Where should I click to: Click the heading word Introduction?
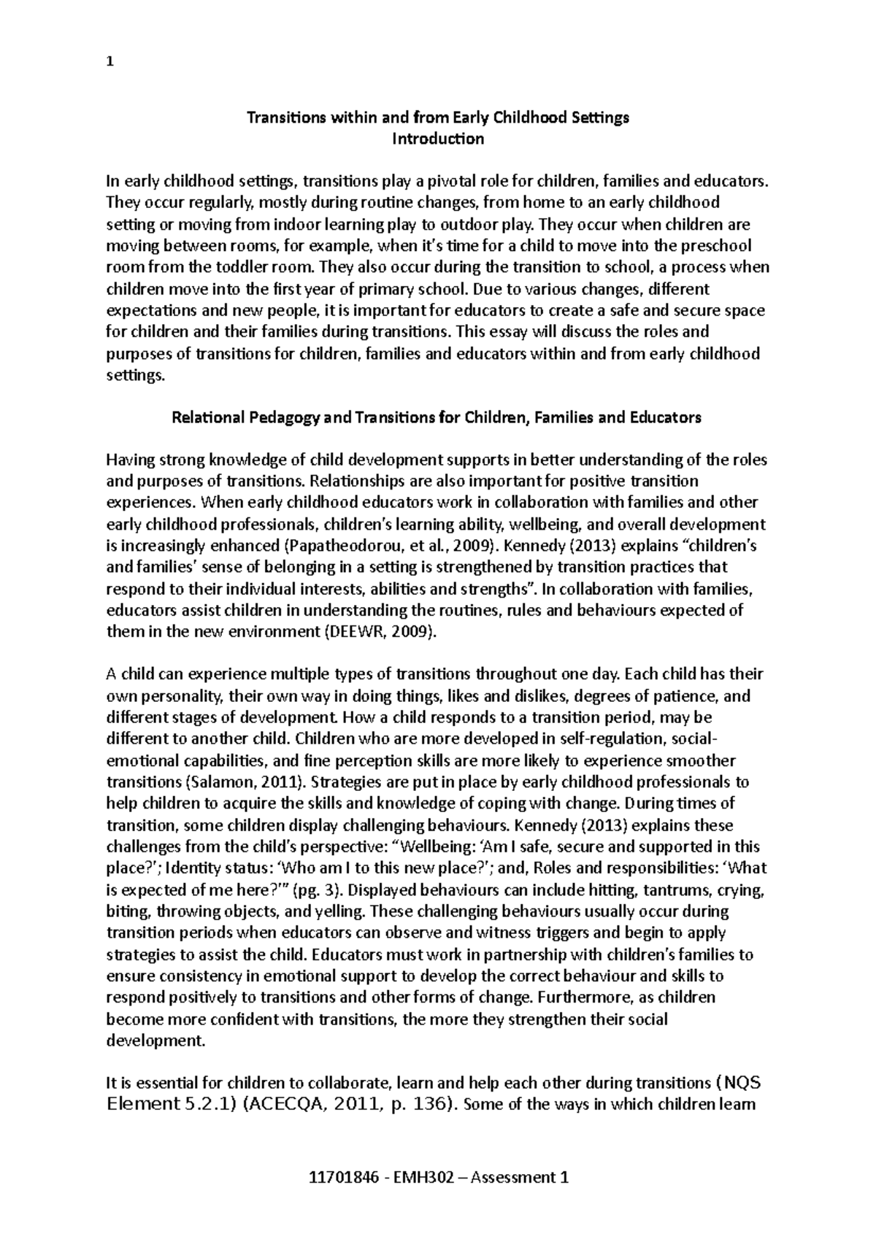[438, 139]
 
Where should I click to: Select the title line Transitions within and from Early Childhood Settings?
[437, 117]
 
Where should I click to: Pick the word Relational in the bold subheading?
[206, 417]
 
